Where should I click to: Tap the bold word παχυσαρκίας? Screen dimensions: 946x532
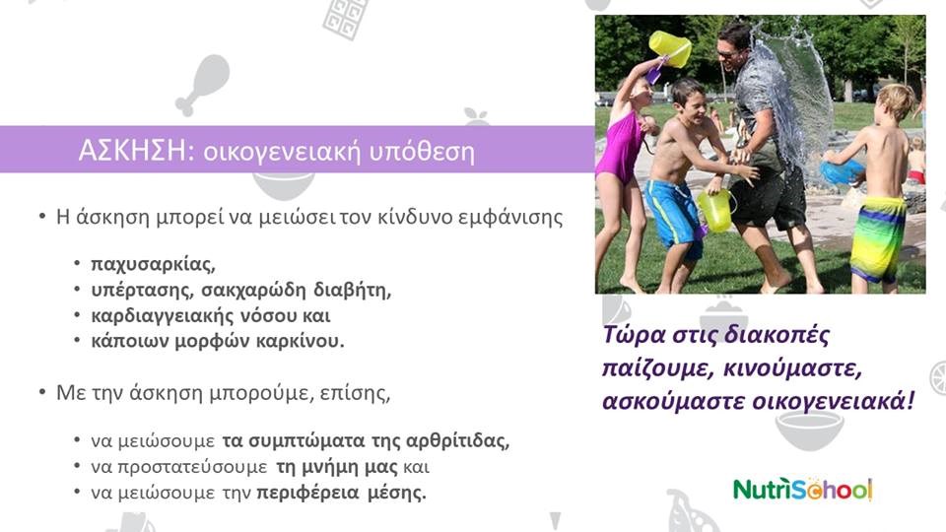point(154,264)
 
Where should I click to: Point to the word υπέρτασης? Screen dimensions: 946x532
point(142,290)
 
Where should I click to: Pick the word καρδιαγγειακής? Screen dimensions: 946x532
point(163,315)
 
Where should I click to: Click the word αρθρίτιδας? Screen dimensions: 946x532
point(458,440)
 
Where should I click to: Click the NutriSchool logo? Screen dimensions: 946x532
point(802,490)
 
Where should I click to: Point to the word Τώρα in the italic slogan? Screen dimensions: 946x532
point(635,335)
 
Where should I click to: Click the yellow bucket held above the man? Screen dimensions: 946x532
point(670,48)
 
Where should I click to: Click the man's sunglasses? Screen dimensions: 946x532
point(728,54)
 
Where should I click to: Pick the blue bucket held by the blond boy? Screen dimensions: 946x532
point(842,170)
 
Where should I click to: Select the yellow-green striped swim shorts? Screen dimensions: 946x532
point(878,238)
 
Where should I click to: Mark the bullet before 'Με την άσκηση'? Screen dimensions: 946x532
point(42,393)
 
